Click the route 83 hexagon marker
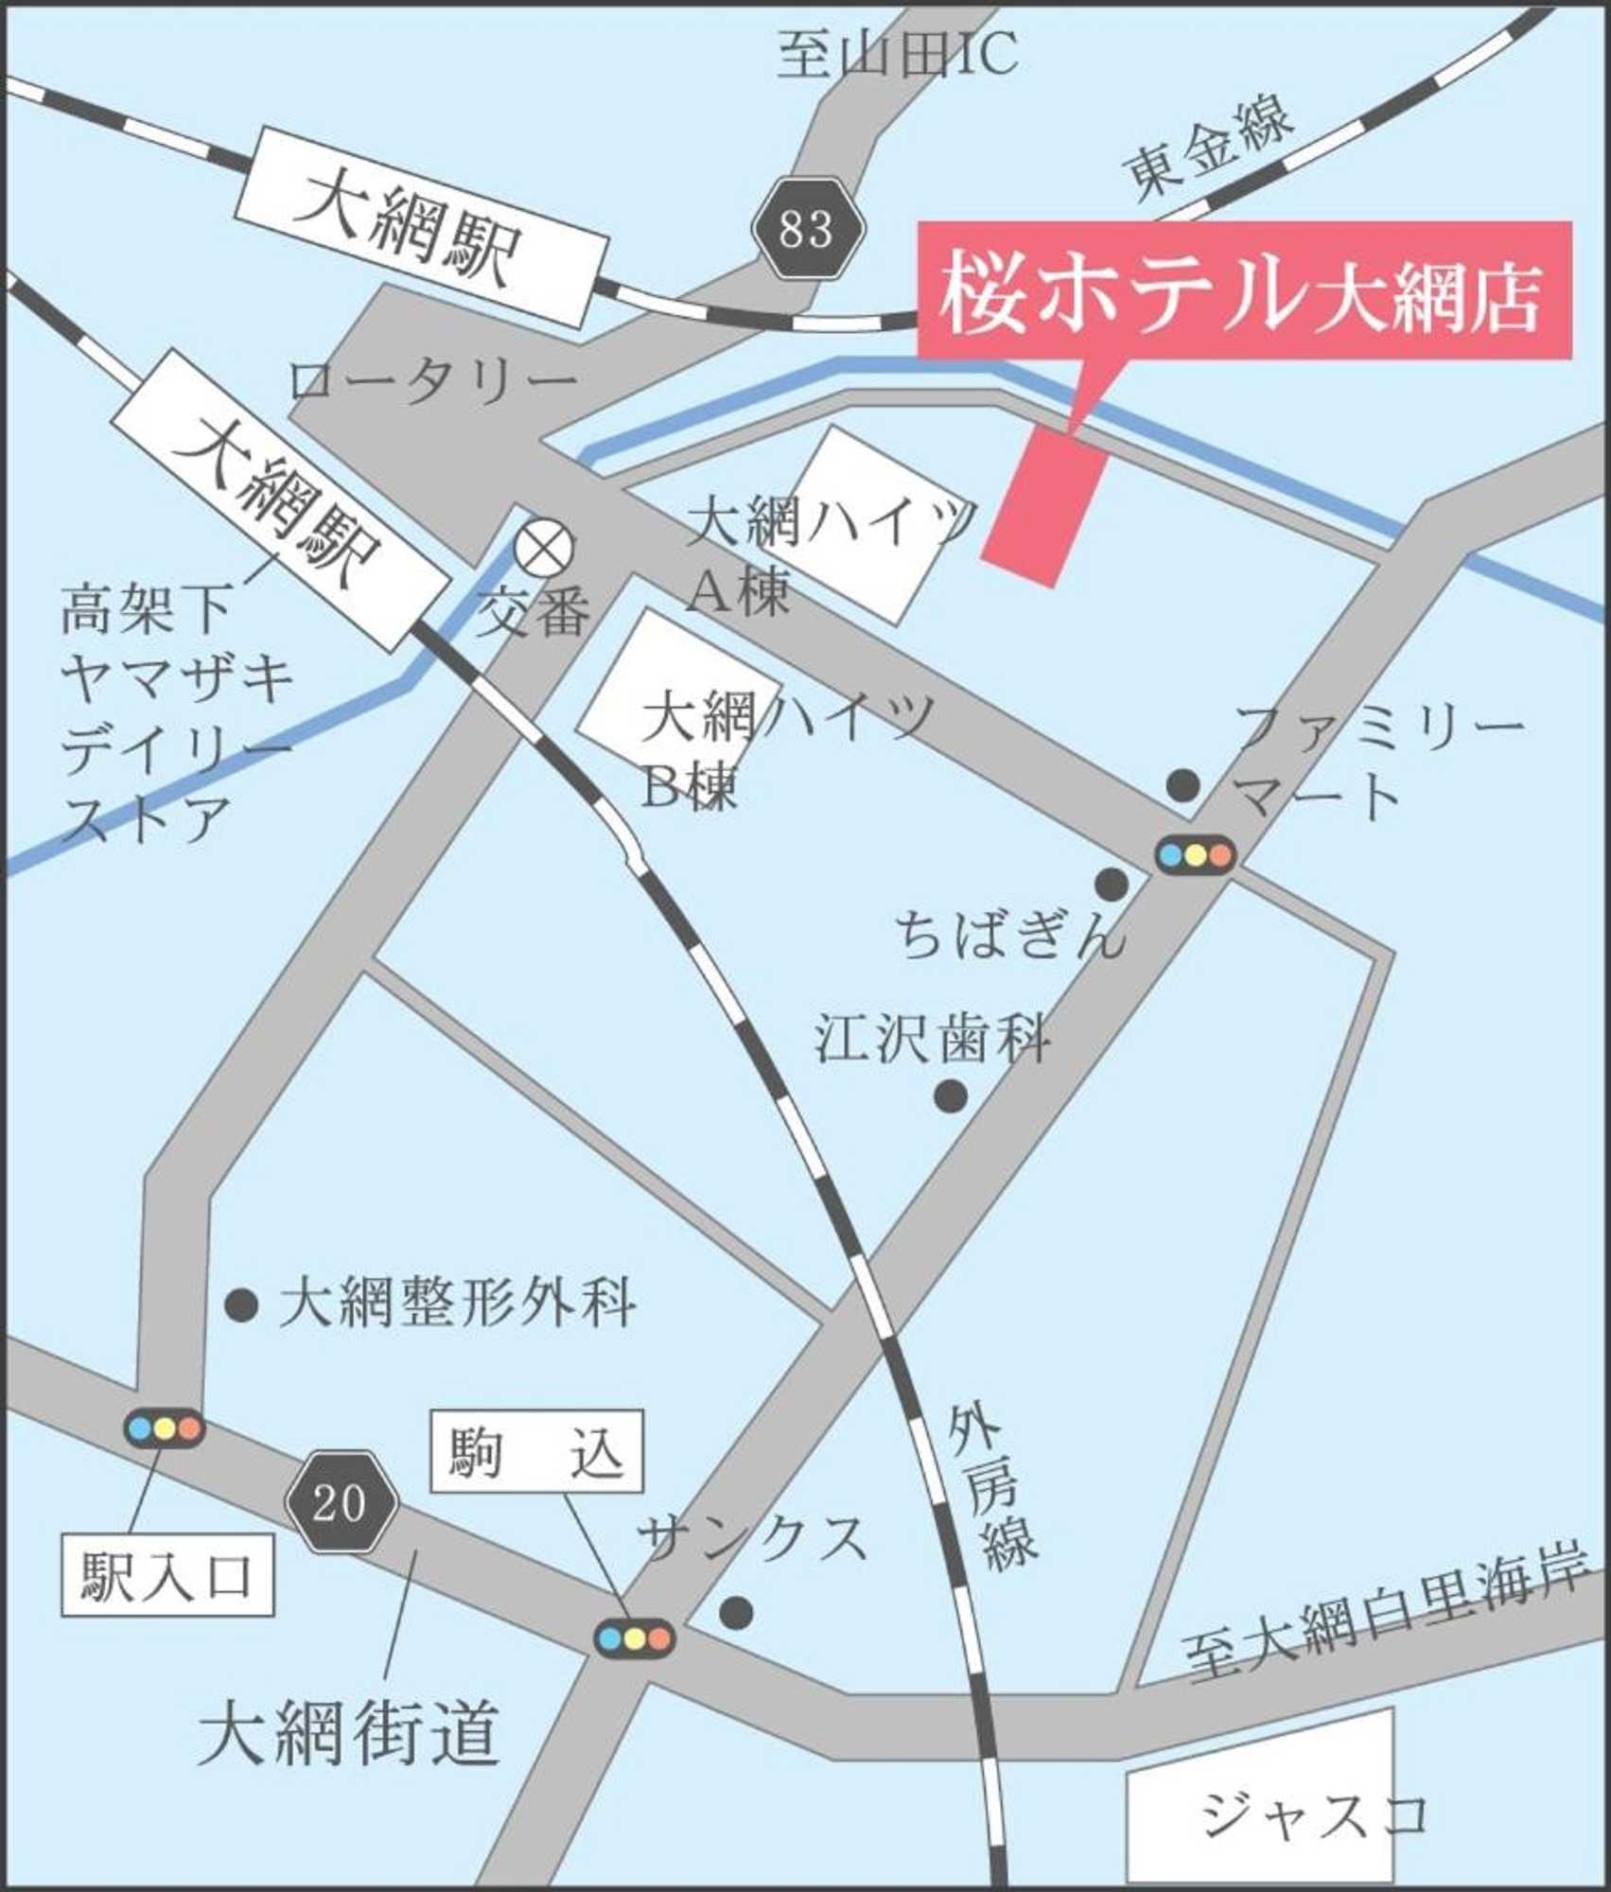point(809,228)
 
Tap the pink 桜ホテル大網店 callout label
point(1244,291)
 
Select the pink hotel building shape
point(1044,506)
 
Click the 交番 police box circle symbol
point(544,548)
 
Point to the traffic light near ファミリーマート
point(1195,854)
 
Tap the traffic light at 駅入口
point(165,1428)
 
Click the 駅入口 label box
point(167,1576)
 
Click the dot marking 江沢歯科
point(950,1096)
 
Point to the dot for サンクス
point(736,1613)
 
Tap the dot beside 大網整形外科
point(241,1305)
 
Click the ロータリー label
point(433,383)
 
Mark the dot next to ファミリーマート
point(1182,784)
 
